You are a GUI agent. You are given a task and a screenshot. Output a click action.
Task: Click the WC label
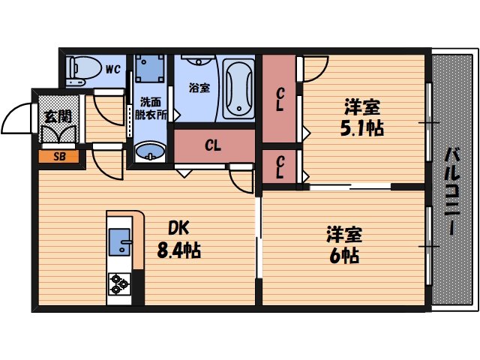(x=112, y=70)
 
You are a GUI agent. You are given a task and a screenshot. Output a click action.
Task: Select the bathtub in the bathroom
(x=239, y=88)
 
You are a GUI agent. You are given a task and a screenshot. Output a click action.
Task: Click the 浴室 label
(x=199, y=88)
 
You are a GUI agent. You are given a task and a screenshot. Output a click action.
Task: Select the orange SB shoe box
(x=57, y=157)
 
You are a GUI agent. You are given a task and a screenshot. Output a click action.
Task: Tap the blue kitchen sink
(x=120, y=243)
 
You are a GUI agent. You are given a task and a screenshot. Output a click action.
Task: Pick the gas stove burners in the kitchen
(x=119, y=283)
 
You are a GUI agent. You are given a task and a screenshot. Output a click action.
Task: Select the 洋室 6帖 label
(x=342, y=245)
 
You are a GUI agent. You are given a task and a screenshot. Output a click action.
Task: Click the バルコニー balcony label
(x=452, y=191)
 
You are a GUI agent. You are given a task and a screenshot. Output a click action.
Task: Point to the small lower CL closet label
(x=279, y=166)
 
